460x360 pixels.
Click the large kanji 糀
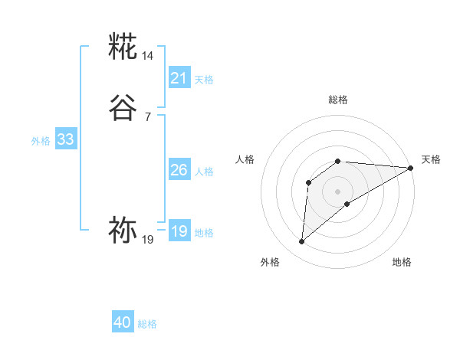[x=123, y=47]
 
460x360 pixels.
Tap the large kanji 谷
[x=123, y=108]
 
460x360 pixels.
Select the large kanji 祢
[x=123, y=231]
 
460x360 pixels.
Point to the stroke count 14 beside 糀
[x=148, y=56]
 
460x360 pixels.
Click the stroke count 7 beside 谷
[x=148, y=116]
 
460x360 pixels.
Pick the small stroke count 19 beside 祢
[x=148, y=240]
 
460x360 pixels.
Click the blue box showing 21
[x=179, y=78]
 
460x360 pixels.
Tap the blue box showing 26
[x=179, y=170]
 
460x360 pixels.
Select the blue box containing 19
[x=179, y=231]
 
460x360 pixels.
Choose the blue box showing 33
[x=65, y=139]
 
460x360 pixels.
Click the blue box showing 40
[x=123, y=323]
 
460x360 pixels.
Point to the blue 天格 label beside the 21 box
[x=204, y=80]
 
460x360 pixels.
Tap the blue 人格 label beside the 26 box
[x=204, y=172]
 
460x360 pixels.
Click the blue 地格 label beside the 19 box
[x=204, y=233]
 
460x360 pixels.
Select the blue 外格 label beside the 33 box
[x=41, y=141]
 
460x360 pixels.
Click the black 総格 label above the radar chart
[x=338, y=100]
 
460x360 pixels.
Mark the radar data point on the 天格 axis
[x=411, y=169]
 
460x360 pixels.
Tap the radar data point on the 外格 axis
[x=301, y=242]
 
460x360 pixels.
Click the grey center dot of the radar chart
[x=338, y=191]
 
